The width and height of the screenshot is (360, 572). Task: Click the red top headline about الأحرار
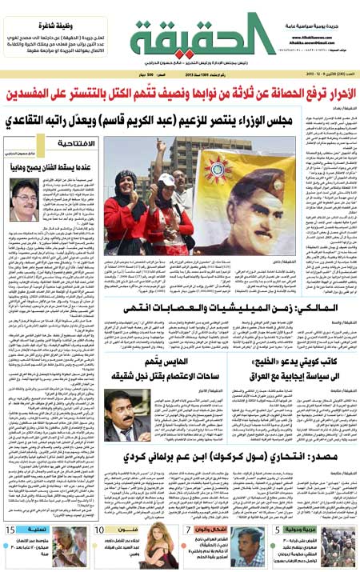coord(180,95)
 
